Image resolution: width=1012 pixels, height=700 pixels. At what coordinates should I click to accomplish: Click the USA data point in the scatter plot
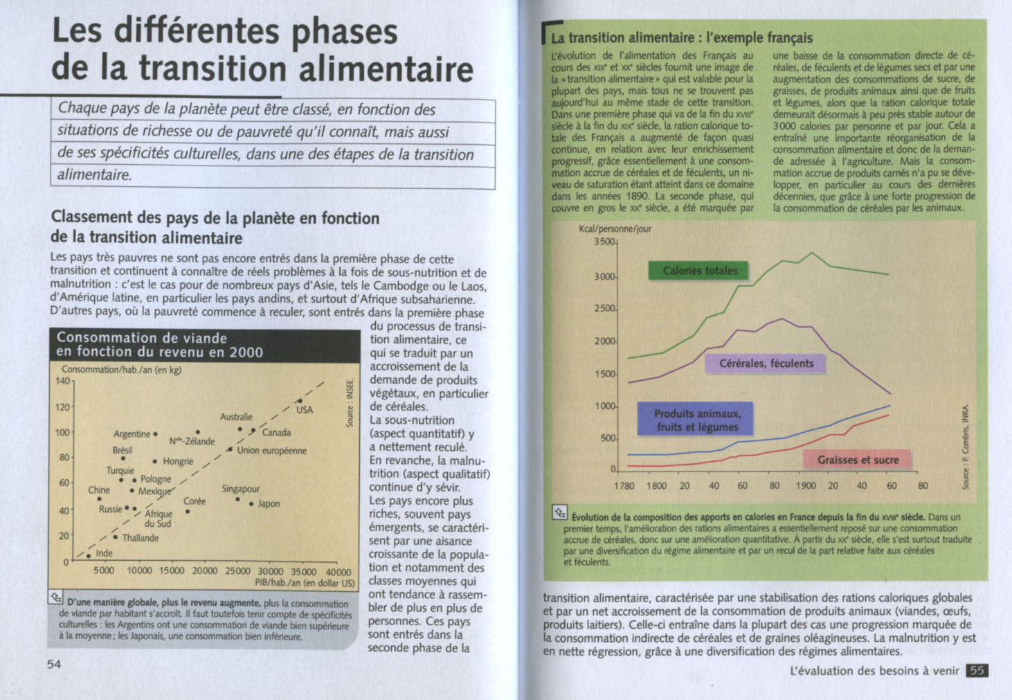(x=300, y=401)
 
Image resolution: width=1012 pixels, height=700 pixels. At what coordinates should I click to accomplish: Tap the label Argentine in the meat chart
(x=132, y=434)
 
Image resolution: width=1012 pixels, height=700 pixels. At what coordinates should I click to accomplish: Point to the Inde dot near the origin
(x=89, y=555)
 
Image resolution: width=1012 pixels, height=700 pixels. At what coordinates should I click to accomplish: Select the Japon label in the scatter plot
(x=269, y=504)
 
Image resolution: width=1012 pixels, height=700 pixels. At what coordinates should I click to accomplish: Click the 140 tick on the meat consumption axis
(x=62, y=381)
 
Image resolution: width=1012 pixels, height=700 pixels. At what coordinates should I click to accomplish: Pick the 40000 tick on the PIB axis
(x=338, y=572)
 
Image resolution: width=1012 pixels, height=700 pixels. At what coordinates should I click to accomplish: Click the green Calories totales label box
(x=700, y=271)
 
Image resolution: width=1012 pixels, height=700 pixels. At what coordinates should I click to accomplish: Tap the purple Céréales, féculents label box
(x=766, y=364)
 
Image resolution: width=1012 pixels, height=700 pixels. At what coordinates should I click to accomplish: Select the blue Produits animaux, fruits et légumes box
(x=696, y=420)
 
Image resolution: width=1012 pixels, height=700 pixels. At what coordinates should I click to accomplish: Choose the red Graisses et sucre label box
(x=858, y=460)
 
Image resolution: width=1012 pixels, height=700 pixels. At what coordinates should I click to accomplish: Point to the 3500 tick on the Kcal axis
(x=605, y=242)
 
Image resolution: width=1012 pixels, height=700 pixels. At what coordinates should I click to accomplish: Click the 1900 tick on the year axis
(x=805, y=486)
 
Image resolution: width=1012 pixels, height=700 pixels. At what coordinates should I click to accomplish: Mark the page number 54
(x=54, y=665)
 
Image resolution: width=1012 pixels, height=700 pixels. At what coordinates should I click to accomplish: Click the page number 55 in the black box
(x=977, y=670)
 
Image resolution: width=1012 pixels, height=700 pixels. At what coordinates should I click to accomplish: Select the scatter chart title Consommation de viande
(x=142, y=338)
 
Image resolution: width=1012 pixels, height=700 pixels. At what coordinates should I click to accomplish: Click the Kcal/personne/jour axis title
(x=615, y=228)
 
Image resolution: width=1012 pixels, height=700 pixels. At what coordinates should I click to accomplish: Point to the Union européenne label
(x=271, y=451)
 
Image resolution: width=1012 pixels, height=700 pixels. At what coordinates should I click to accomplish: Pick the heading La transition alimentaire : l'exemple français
(x=681, y=38)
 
